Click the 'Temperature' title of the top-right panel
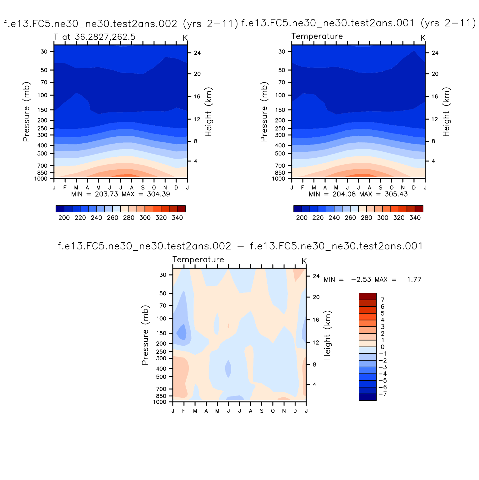(317, 36)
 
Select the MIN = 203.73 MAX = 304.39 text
(121, 194)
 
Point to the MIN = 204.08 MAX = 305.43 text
(358, 194)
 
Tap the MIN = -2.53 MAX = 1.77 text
(373, 280)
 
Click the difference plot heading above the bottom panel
(240, 246)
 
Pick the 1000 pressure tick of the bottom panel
(163, 402)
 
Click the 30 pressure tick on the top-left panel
(44, 52)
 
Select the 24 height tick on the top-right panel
(435, 53)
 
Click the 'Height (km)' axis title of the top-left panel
(209, 112)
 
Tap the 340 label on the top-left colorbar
(177, 218)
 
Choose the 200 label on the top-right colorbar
(302, 218)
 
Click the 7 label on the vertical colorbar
(383, 300)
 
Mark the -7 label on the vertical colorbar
(383, 394)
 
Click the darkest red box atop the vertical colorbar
(367, 297)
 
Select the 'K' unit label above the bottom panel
(304, 261)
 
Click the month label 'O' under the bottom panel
(273, 411)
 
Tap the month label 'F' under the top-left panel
(65, 188)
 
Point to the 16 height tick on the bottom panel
(316, 320)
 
